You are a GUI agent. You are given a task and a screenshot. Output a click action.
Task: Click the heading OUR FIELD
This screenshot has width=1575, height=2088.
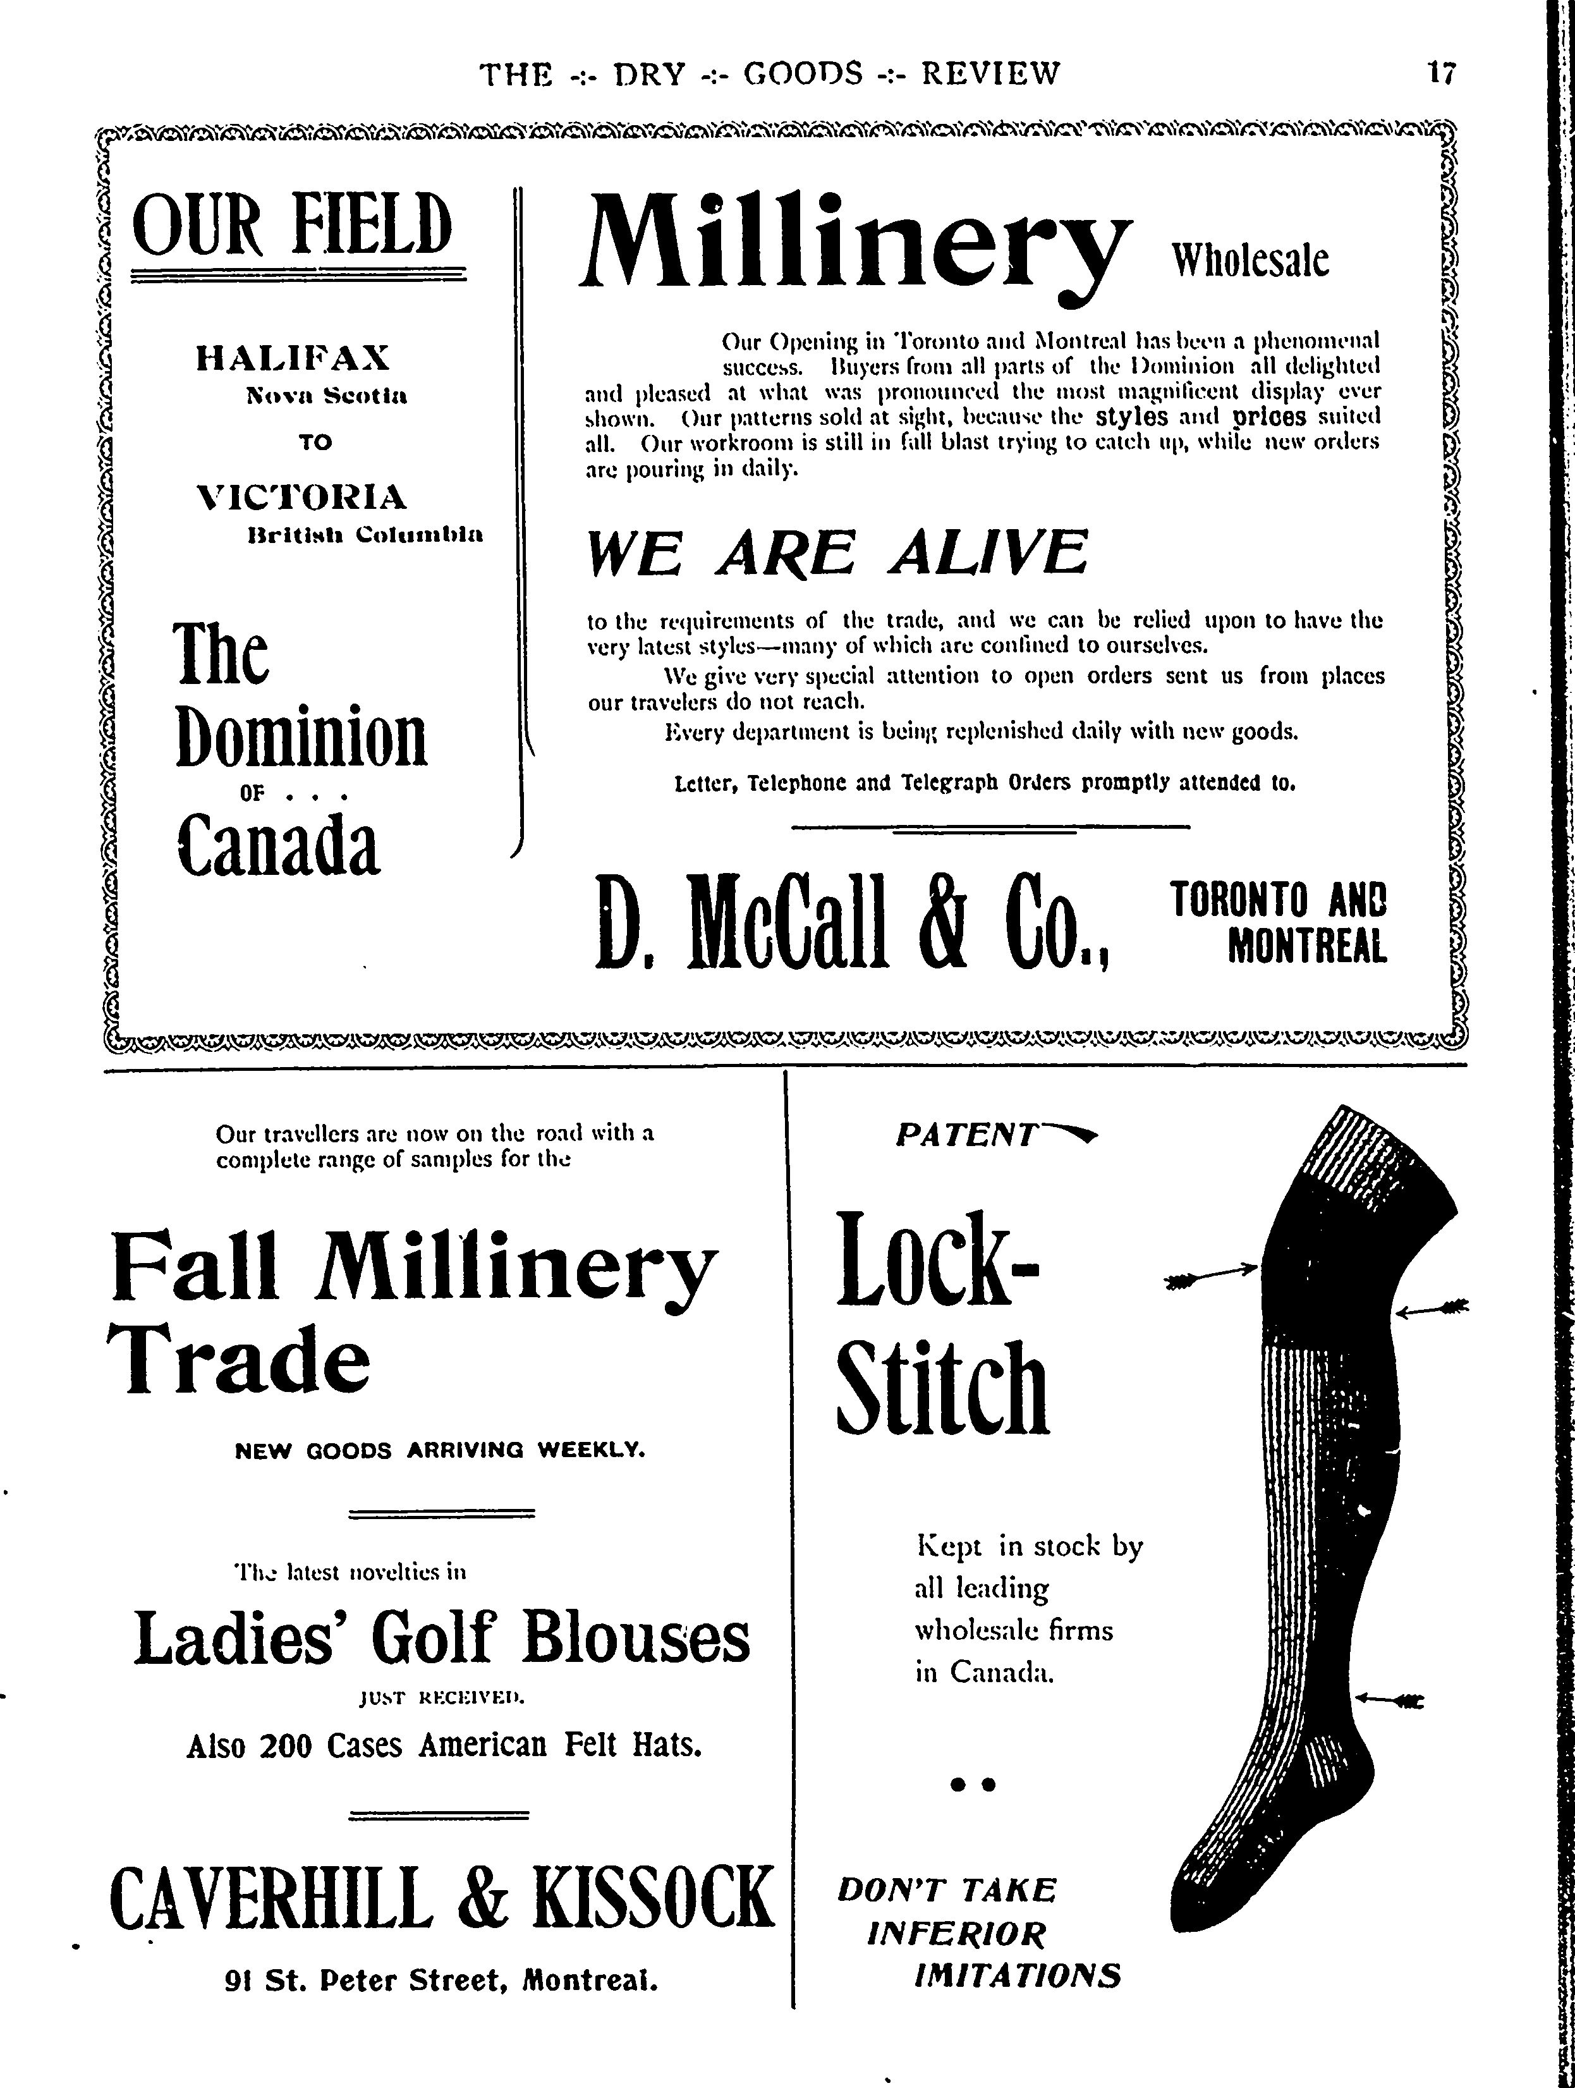293,226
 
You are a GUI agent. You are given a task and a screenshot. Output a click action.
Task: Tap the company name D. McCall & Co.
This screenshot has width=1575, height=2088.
852,923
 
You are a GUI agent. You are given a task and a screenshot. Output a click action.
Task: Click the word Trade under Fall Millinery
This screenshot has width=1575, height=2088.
241,1357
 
